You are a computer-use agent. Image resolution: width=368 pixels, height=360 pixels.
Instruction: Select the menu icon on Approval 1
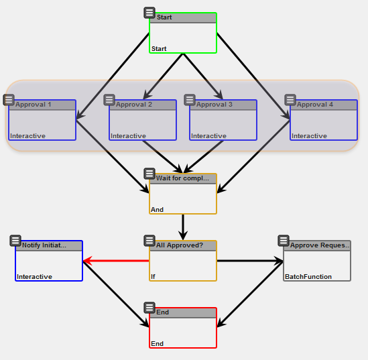coord(9,100)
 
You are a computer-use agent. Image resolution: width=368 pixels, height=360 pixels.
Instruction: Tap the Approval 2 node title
coord(134,105)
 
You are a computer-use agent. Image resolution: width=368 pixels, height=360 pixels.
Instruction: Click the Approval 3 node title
coord(214,105)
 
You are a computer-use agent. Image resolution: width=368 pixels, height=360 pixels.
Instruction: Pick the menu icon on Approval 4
coord(290,100)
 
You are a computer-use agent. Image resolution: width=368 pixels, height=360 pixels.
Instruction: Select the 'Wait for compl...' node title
coord(182,178)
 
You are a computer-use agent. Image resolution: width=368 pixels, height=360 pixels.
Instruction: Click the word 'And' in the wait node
coord(158,210)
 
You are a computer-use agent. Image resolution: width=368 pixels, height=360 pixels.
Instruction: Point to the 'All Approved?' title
coord(180,245)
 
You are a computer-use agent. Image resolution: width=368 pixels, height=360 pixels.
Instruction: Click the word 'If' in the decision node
coord(154,276)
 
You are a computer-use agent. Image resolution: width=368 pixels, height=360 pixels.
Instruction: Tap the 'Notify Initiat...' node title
coord(44,245)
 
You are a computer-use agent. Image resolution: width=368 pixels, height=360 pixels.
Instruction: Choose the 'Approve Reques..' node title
coord(320,245)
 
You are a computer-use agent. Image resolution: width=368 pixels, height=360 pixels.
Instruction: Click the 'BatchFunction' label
coord(308,276)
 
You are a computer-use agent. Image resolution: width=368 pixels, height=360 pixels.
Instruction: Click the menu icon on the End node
coord(149,308)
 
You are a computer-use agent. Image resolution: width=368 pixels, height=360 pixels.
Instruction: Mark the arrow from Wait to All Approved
coord(183,225)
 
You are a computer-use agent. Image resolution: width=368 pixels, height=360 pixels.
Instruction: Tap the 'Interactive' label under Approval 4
coord(309,136)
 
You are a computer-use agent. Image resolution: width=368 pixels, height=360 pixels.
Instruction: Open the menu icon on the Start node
coord(149,13)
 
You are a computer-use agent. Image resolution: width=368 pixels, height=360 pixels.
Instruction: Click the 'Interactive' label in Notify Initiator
coord(34,276)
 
